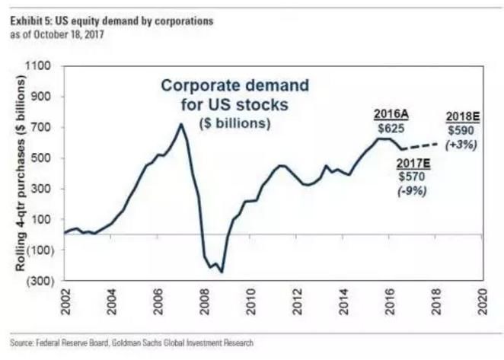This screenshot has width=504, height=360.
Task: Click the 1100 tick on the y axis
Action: tap(39, 67)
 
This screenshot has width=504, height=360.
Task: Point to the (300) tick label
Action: tap(38, 281)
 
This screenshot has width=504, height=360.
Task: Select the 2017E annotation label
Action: tap(413, 163)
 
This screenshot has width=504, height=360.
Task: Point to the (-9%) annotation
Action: tap(413, 191)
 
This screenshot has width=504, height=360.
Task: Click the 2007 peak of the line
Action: tap(181, 125)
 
